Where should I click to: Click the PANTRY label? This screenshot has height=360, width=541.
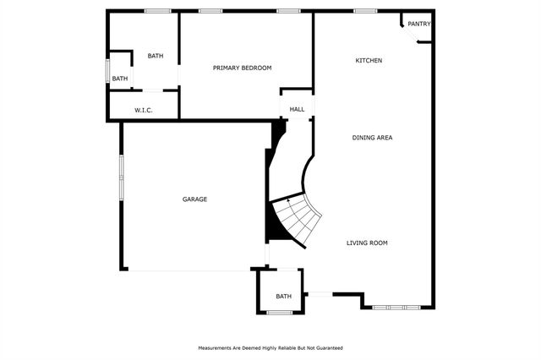point(419,24)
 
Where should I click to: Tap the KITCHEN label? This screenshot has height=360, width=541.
point(369,61)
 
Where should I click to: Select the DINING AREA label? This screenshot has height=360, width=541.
point(373,137)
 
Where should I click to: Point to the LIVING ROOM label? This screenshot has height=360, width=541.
point(367,243)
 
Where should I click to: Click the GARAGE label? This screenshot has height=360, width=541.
point(194,199)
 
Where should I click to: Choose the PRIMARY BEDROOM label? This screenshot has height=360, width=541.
point(242,68)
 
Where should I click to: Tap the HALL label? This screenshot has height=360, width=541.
point(297,109)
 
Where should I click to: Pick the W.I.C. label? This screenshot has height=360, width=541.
point(143,110)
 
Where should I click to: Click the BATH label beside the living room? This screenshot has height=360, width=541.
point(283,296)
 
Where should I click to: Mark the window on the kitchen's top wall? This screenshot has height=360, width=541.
point(365,11)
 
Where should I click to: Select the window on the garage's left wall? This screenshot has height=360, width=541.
point(122,177)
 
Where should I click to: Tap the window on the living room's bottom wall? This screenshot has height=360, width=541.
point(396,308)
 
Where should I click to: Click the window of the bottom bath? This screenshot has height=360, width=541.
point(280,313)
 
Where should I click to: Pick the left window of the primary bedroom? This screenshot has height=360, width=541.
point(210,11)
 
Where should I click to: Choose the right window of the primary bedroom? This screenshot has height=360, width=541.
point(288,11)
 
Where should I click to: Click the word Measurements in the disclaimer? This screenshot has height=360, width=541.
point(216,348)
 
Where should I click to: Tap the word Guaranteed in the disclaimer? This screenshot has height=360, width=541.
point(326,348)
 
